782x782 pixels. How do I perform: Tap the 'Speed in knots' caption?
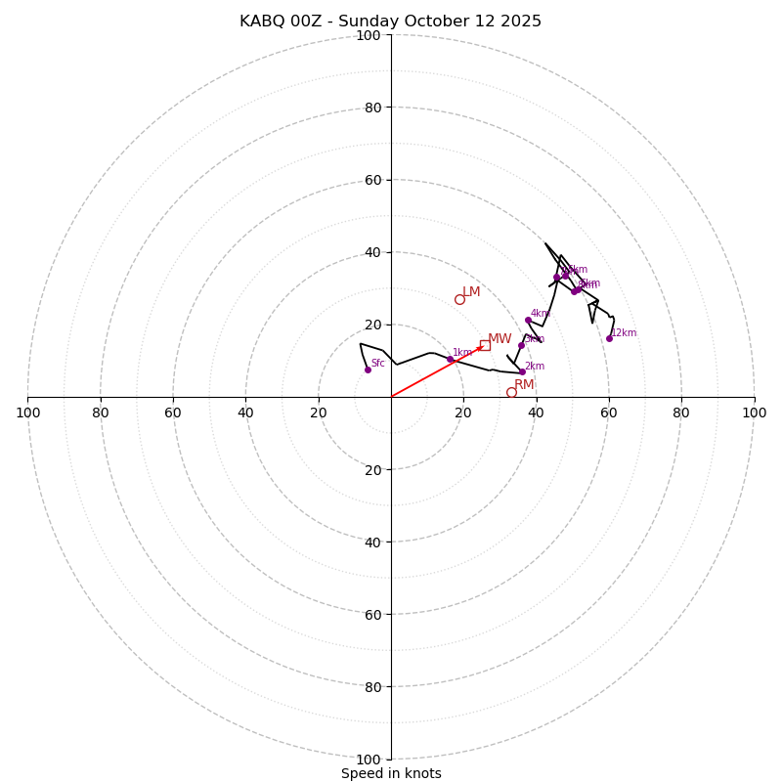[x=391, y=773]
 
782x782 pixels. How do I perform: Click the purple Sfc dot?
[x=368, y=369]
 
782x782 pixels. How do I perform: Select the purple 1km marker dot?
[x=450, y=360]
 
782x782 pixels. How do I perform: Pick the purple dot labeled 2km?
[x=522, y=371]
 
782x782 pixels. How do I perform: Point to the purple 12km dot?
[x=609, y=338]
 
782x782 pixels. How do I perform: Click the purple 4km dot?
[x=528, y=320]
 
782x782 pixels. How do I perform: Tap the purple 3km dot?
[x=521, y=345]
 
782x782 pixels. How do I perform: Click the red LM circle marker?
[x=459, y=299]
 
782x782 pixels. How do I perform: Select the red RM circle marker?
[x=511, y=392]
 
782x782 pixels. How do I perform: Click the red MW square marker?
[x=485, y=345]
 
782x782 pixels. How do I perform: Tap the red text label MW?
[x=500, y=339]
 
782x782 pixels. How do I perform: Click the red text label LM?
[x=471, y=292]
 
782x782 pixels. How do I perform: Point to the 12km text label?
[x=624, y=333]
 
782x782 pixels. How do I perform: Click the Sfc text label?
[x=377, y=364]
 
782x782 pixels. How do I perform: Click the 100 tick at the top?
[x=369, y=35]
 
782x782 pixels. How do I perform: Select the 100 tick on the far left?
[x=27, y=413]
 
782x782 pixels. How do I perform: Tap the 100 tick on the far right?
[x=755, y=413]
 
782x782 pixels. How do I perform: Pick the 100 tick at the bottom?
[x=369, y=760]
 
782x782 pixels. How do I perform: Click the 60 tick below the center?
[x=372, y=615]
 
